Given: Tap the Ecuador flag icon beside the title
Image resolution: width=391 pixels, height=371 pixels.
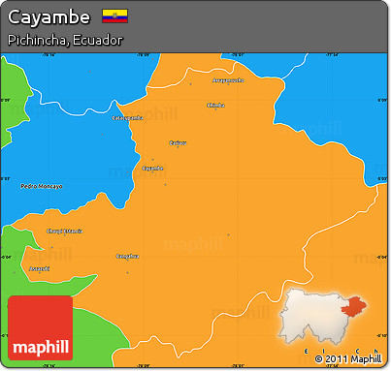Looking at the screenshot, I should (114, 16).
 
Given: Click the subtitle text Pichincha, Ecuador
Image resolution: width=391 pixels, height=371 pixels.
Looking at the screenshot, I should (64, 41).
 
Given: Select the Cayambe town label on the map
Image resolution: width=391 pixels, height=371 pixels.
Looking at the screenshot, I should (152, 168).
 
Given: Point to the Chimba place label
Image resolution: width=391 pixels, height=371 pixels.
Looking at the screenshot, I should (215, 105).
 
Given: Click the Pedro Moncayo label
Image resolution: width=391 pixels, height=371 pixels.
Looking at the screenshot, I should (41, 185).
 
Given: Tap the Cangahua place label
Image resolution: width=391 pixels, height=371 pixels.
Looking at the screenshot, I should (127, 256).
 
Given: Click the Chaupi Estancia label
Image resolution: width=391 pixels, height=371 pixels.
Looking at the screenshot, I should (64, 231).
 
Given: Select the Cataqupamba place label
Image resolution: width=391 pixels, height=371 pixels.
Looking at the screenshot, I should (127, 117).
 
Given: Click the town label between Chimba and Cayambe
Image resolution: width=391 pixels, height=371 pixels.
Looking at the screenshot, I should (178, 142).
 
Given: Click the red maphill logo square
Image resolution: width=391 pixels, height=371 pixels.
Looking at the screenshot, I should (39, 328).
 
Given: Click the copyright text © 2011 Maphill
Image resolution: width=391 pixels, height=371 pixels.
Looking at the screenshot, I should (348, 359).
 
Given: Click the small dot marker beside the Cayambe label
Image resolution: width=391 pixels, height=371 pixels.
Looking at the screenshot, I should (152, 160).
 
